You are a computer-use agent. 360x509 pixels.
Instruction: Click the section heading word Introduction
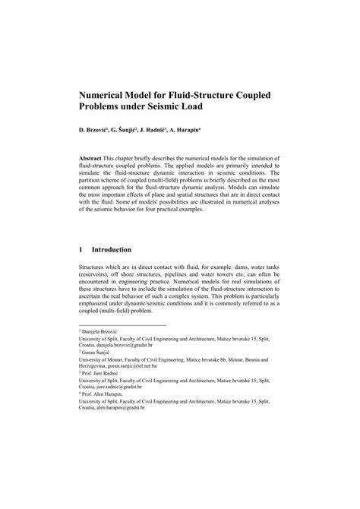(x=111, y=248)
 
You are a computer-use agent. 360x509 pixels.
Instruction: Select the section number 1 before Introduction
(x=81, y=248)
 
